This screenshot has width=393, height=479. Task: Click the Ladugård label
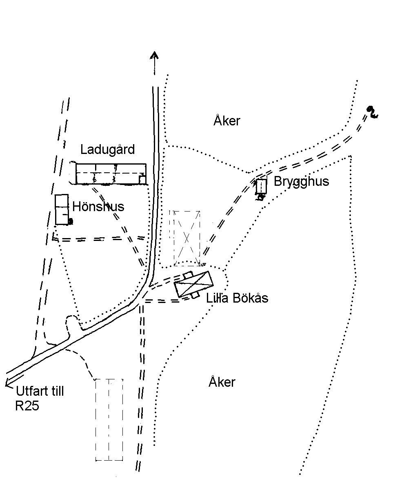tap(107, 150)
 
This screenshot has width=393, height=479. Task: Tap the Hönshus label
tap(98, 207)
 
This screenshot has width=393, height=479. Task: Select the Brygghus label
tap(302, 182)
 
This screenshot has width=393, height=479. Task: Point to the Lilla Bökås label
tap(237, 298)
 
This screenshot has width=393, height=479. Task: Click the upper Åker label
tap(227, 120)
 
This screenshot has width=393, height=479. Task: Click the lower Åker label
tap(222, 382)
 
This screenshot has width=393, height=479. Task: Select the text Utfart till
tap(40, 391)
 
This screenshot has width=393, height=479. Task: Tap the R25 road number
tap(27, 406)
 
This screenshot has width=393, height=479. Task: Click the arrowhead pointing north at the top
tap(155, 55)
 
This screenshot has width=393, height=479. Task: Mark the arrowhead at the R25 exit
tap(9, 383)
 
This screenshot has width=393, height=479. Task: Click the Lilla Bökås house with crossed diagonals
tap(193, 284)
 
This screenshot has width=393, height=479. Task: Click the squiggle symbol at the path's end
tap(372, 112)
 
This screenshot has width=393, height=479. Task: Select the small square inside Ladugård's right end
tap(142, 179)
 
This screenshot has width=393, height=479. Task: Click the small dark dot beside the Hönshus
tap(71, 221)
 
